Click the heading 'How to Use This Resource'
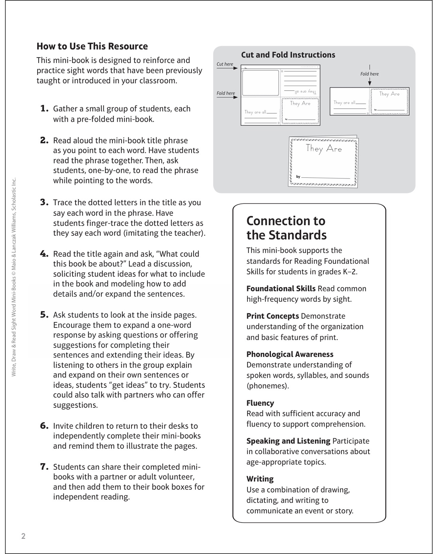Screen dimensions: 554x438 (92, 46)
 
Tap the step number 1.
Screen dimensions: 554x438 (44, 109)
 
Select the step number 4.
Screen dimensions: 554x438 (44, 254)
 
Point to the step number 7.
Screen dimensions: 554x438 (44, 467)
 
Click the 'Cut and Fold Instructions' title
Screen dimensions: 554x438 (288, 55)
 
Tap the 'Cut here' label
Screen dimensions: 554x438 (225, 64)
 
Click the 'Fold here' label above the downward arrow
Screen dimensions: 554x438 (369, 74)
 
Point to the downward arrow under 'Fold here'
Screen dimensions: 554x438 (370, 82)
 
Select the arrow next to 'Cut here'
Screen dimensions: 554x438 (227, 68)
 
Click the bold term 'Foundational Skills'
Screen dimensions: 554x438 (281, 288)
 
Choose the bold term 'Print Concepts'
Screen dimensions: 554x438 (272, 316)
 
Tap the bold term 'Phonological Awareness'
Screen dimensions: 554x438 (290, 354)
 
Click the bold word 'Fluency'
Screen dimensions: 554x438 (260, 403)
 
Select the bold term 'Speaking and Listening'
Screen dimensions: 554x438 (288, 441)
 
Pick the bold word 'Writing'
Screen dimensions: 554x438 (260, 479)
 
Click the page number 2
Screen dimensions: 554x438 (23, 536)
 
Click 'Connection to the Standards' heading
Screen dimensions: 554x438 (286, 228)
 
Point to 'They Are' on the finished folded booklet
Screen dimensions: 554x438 (324, 148)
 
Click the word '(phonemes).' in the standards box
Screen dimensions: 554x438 (267, 386)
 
